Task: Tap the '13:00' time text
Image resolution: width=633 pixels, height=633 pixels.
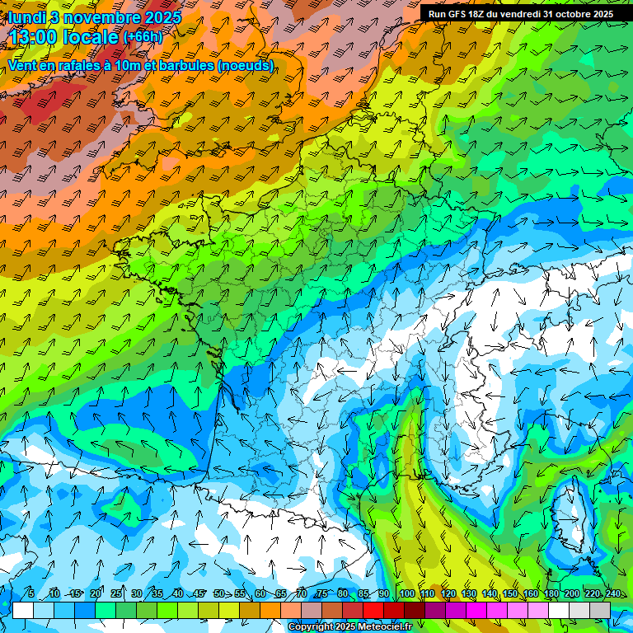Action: pos(37,38)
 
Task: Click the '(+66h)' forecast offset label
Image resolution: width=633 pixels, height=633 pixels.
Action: pos(143,37)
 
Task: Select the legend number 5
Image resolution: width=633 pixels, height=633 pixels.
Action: pos(31,593)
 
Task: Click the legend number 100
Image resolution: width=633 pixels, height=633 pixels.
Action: pos(406,593)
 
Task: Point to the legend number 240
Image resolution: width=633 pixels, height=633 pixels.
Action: pos(613,593)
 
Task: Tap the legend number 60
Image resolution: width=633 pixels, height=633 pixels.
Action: pos(260,593)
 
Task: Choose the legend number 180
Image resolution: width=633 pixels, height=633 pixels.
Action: pos(551,593)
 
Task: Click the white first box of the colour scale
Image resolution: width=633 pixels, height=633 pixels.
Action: pos(23,610)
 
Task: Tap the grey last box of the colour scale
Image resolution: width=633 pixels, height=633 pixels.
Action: pos(600,610)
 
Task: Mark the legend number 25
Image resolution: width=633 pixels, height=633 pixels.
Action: pos(116,593)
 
